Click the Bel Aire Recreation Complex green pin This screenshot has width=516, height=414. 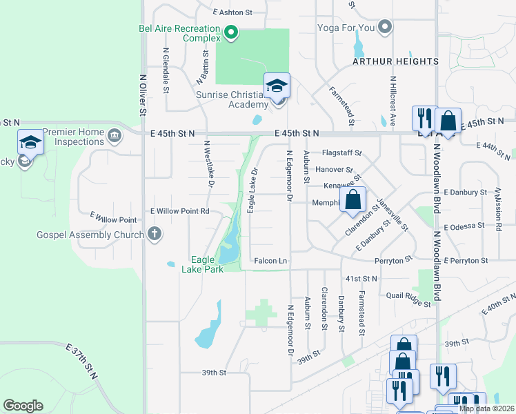click(x=232, y=32)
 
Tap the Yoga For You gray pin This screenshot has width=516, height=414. click(x=386, y=28)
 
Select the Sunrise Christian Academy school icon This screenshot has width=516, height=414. click(x=277, y=86)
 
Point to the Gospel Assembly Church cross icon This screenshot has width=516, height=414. click(x=154, y=234)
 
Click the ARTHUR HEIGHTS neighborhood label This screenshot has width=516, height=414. click(x=395, y=61)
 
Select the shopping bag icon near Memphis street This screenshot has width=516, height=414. click(x=353, y=200)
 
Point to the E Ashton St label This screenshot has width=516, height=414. click(x=233, y=12)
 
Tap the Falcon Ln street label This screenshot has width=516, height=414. click(x=270, y=261)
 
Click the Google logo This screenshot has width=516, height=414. click(x=23, y=406)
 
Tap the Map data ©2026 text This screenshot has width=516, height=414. click(x=486, y=408)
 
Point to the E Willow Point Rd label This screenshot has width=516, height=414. click(x=180, y=211)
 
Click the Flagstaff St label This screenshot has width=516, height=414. click(x=342, y=153)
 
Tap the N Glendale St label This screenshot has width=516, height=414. click(x=166, y=70)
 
